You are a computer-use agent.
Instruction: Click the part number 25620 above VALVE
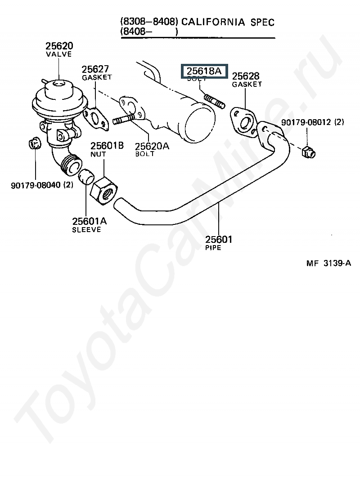58,46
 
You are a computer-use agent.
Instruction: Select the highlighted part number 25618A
204,71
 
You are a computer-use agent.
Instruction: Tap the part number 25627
95,69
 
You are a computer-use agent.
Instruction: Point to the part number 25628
246,76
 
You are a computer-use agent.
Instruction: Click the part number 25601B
107,146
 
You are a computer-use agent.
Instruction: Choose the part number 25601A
89,221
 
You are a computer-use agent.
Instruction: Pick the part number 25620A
152,146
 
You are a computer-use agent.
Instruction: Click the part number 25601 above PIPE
219,240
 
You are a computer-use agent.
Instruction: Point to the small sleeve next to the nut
85,177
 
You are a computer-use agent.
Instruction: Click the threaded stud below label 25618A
214,101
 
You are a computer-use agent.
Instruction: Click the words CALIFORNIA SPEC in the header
228,22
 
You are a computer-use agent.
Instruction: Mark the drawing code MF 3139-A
328,264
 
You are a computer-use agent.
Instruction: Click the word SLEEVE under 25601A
86,230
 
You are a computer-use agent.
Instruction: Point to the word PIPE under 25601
213,248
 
